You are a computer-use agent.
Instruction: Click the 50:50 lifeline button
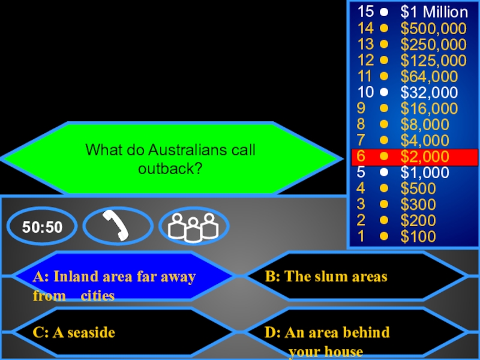(43, 227)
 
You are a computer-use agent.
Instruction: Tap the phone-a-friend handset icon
(118, 226)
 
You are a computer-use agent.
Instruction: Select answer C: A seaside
(74, 332)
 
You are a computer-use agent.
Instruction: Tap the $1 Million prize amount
(434, 12)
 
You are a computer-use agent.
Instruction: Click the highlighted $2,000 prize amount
(425, 157)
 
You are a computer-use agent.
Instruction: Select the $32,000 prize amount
(429, 92)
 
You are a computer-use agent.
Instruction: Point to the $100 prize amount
(418, 236)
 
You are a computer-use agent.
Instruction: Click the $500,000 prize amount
(433, 28)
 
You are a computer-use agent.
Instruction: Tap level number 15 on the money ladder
(365, 12)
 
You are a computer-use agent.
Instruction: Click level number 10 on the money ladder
(365, 92)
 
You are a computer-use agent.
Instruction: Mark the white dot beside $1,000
(384, 173)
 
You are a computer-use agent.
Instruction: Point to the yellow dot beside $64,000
(384, 76)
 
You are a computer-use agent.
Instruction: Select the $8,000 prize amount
(425, 124)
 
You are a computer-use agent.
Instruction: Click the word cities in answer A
(98, 296)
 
